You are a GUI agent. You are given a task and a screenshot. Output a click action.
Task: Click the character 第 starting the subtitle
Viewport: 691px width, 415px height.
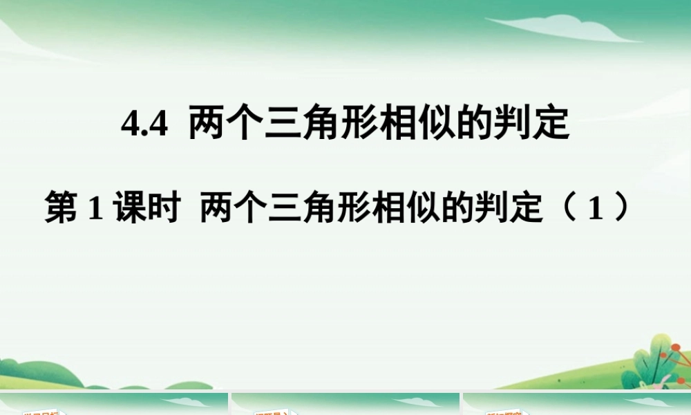(x=61, y=208)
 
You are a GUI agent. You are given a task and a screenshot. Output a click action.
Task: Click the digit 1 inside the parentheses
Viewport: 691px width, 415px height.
(x=591, y=209)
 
